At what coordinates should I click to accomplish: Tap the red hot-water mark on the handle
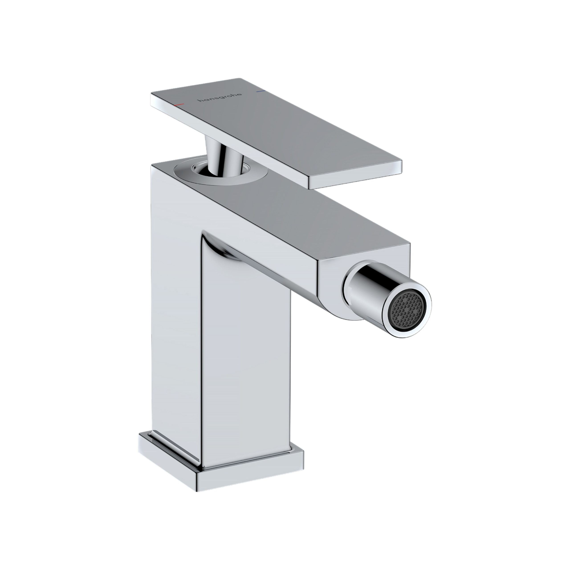pos(179,104)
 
